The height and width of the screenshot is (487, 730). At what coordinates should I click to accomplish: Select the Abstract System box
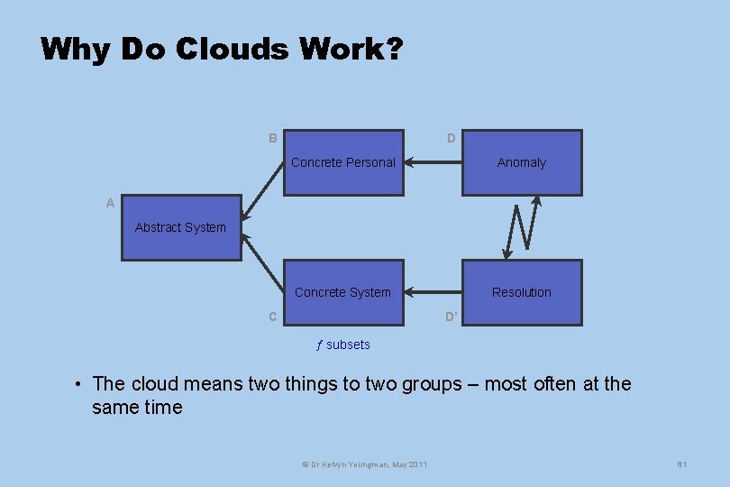[181, 227]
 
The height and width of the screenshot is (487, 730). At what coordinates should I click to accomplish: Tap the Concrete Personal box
[343, 162]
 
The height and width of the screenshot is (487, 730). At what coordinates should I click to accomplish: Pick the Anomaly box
[522, 162]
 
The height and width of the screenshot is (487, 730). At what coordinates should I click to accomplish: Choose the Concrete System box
[343, 292]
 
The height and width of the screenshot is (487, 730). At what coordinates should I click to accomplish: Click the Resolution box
[522, 292]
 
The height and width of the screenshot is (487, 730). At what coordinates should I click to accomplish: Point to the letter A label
[110, 204]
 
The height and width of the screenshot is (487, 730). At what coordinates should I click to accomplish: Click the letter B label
[272, 139]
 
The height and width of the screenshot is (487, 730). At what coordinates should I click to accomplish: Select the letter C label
[272, 317]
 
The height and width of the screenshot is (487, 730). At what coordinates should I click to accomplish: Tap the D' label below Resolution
[452, 317]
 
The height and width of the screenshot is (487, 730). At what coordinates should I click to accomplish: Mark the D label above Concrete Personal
[452, 139]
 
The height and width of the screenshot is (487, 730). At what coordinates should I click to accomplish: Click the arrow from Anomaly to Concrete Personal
[433, 163]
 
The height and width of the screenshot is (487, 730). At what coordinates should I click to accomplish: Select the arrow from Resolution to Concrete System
[433, 292]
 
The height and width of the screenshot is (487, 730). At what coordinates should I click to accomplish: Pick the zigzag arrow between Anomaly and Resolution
[523, 227]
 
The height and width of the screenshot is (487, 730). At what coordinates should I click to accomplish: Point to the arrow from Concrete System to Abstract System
[263, 265]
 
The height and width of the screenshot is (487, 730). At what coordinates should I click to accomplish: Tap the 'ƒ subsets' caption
[342, 345]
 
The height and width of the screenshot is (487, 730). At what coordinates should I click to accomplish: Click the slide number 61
[682, 464]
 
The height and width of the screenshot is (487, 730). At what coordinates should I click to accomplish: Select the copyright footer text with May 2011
[365, 464]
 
